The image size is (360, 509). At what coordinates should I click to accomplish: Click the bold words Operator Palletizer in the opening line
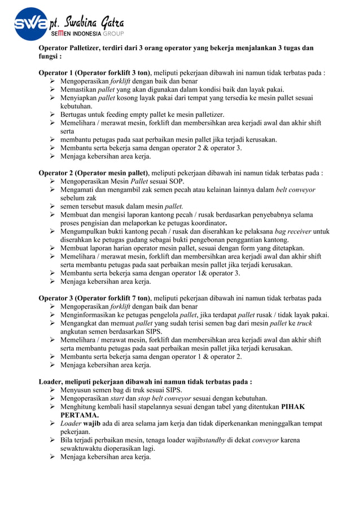click(x=69, y=49)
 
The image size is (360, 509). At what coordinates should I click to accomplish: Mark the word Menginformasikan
click(x=93, y=315)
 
